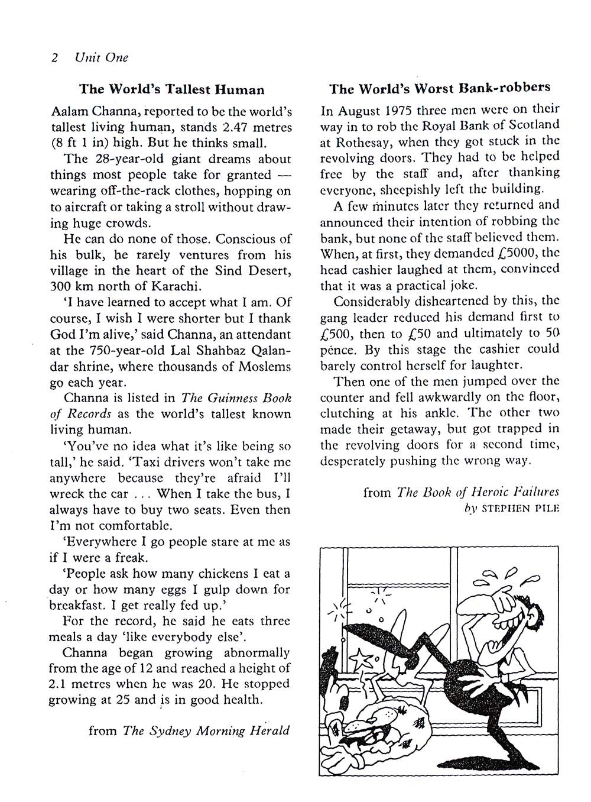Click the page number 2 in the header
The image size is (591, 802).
coord(54,58)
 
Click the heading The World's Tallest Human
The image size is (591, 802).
coord(172,90)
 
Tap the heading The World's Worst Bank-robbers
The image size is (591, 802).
coord(440,88)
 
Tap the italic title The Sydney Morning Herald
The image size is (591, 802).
coord(206,730)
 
